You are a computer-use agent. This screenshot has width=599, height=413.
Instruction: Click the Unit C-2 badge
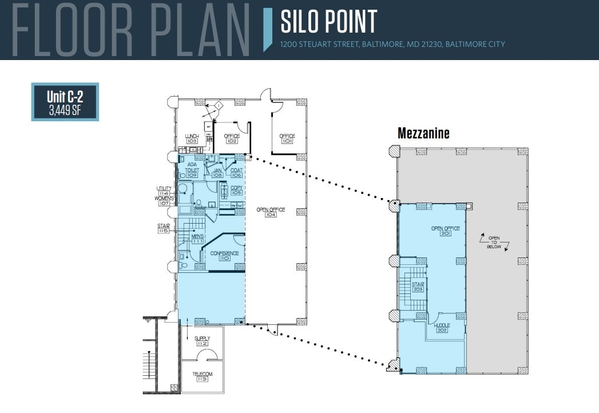65,102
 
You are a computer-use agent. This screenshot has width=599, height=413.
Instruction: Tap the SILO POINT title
329,22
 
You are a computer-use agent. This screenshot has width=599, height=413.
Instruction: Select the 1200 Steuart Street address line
392,44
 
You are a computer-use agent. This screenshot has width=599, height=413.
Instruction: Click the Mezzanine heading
423,133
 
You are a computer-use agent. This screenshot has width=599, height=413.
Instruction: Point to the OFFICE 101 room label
287,138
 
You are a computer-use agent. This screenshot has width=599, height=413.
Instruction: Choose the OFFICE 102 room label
232,138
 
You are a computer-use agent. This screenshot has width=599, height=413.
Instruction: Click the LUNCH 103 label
192,138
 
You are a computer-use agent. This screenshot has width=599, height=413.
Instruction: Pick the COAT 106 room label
236,173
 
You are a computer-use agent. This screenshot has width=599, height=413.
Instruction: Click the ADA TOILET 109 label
192,170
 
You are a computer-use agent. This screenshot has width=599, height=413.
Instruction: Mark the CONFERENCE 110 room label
224,256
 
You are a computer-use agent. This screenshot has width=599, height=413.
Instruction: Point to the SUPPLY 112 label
202,341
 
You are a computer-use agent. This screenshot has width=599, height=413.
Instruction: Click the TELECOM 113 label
202,377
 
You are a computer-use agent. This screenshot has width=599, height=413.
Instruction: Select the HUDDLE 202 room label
442,328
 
